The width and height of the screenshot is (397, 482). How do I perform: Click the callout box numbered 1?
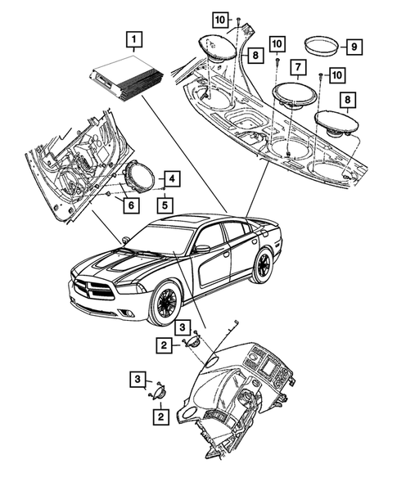coord(134,40)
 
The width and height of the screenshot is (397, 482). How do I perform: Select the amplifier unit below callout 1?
coord(126,79)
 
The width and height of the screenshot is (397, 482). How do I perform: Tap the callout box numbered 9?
coord(354,47)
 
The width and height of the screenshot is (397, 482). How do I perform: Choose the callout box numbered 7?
coord(298,67)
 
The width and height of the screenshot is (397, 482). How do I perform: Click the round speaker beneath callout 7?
coord(295,95)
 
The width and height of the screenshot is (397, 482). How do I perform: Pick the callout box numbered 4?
coord(172,178)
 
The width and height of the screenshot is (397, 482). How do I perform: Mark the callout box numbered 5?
coord(165,205)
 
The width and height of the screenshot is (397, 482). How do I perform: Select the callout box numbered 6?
coord(131,205)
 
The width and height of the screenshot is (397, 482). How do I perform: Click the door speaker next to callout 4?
coord(138,177)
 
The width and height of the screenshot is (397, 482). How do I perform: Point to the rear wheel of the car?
coord(262,266)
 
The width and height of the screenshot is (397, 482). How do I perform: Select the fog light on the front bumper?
coord(129,313)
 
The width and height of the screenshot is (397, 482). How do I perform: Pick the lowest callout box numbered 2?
coord(160,417)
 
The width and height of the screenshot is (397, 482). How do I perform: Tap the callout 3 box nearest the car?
coord(183,327)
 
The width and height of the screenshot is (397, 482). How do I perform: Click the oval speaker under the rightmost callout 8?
coord(336,124)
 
